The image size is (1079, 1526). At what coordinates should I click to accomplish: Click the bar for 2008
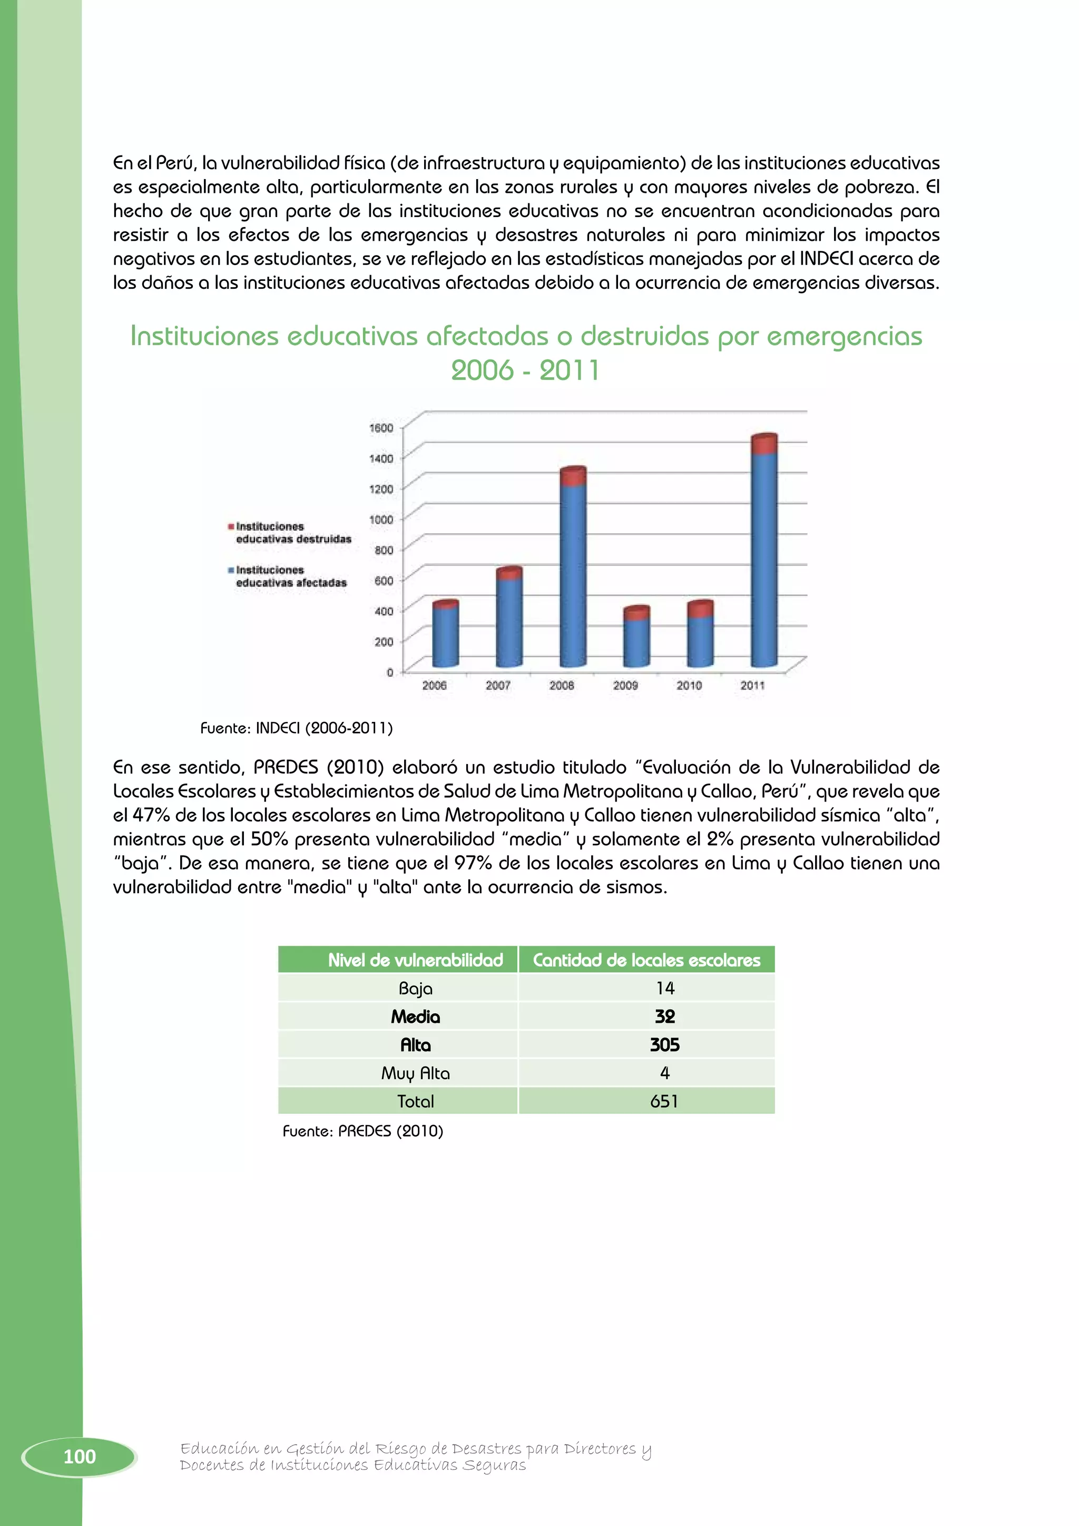[573, 572]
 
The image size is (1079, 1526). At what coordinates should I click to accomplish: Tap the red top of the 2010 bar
[700, 608]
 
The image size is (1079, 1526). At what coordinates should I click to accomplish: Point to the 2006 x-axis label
[435, 685]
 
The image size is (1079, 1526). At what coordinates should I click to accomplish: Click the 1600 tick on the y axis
[381, 427]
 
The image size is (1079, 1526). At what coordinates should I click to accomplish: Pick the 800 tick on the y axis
[384, 550]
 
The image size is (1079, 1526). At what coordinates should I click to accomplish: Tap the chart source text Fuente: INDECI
[296, 728]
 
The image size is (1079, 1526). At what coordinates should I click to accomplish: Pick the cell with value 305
[664, 1045]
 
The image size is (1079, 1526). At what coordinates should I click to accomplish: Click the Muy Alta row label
[415, 1073]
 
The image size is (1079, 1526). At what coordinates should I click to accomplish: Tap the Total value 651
[664, 1101]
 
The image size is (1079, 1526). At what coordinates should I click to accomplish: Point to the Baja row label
[415, 989]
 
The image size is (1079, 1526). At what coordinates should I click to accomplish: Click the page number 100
[80, 1457]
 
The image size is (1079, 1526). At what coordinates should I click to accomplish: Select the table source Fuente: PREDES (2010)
[363, 1131]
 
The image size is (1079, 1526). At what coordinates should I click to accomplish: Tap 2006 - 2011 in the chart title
[525, 370]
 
